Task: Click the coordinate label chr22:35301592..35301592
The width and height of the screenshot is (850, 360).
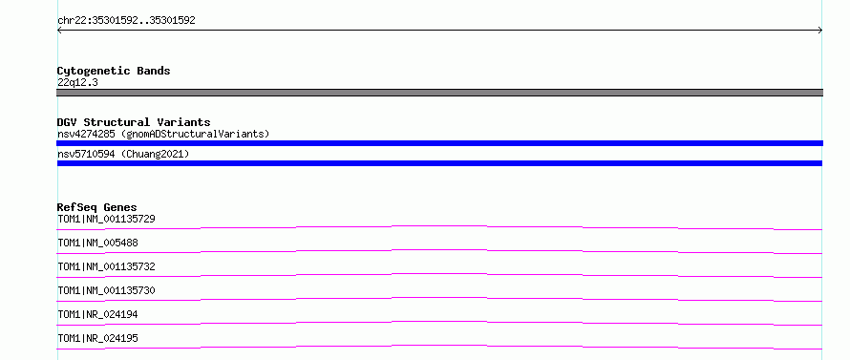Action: point(126,21)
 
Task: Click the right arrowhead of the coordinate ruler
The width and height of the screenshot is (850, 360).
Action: point(820,31)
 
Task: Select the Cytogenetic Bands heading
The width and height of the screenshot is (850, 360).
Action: point(114,71)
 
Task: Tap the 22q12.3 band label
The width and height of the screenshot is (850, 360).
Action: point(77,83)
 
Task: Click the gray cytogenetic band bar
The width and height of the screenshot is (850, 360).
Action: point(439,93)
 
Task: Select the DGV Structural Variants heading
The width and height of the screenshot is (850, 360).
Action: point(134,122)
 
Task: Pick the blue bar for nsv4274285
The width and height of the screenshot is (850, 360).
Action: point(439,143)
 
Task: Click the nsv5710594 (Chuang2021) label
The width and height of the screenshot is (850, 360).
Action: point(123,155)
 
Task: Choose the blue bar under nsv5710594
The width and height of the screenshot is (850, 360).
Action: point(439,163)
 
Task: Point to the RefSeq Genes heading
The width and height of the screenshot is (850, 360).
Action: point(97,207)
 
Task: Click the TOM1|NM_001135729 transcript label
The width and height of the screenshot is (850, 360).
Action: point(106,219)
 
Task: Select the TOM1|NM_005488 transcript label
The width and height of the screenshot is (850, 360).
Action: point(97,243)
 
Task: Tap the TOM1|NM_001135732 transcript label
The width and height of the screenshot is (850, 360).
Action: point(106,266)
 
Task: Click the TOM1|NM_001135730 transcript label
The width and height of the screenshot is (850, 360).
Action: point(106,290)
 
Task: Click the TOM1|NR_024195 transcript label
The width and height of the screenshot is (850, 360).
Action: point(97,338)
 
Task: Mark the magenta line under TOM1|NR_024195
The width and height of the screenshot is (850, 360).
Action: point(439,346)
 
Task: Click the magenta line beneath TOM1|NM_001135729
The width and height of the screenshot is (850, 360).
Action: point(439,226)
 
